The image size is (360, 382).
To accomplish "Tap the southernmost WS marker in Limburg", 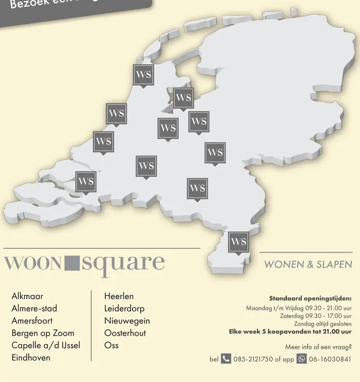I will (238, 242).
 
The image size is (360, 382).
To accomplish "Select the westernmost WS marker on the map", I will (85, 182).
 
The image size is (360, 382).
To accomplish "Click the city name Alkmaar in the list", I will (27, 296).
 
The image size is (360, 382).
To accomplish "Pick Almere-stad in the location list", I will (34, 308).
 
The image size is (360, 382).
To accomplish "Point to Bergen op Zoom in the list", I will (43, 333).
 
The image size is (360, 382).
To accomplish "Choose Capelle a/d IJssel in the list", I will (46, 345).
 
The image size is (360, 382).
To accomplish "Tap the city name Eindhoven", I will (31, 358).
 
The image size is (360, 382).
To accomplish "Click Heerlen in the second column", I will (119, 296).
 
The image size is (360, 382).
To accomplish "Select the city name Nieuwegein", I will (127, 321).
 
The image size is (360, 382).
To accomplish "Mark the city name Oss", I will (111, 345).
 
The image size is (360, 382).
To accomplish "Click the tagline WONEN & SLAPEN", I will (308, 264).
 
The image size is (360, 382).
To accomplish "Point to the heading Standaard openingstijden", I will (310, 298).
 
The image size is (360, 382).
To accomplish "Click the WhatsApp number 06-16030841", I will (330, 359).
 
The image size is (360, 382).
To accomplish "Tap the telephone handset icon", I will (226, 359).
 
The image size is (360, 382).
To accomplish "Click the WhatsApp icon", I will (301, 359).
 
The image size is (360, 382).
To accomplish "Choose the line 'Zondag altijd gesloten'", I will (322, 323).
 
